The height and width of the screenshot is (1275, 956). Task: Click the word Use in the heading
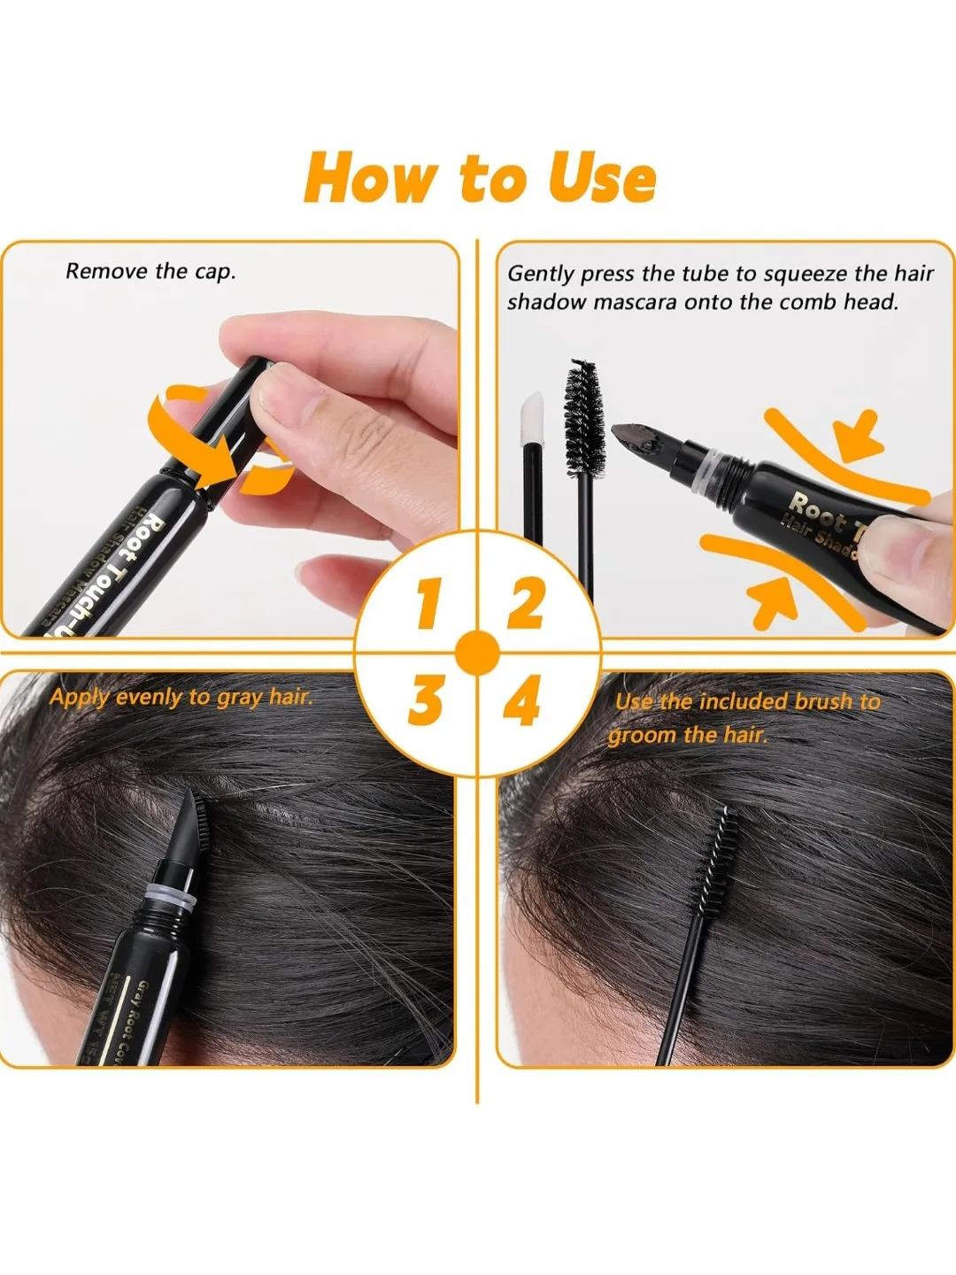pos(602,179)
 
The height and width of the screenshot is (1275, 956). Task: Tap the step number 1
pos(429,605)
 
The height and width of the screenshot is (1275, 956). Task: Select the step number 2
pos(526,605)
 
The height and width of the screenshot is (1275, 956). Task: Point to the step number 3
pos(426,700)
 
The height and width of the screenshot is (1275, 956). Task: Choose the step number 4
pos(522,703)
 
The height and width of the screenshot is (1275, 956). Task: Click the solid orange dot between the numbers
pos(477,653)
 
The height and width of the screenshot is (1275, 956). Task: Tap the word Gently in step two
pos(540,274)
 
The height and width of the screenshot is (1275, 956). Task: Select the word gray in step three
pos(239,698)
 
